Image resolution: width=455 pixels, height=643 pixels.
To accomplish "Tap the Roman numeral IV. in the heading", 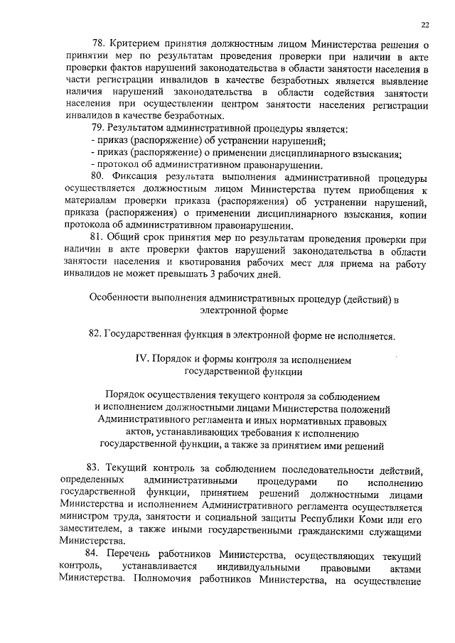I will [x=143, y=360].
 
